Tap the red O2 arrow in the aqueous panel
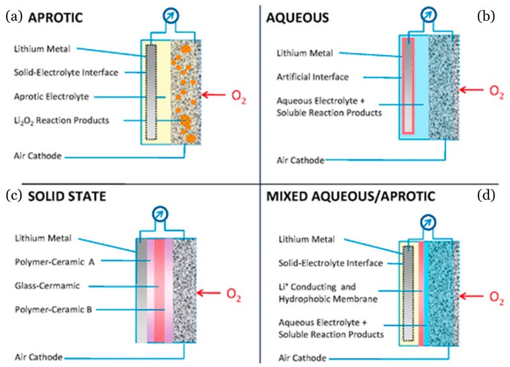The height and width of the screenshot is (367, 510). pos(475,88)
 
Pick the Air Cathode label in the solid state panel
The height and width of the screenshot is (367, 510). pos(38,356)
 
